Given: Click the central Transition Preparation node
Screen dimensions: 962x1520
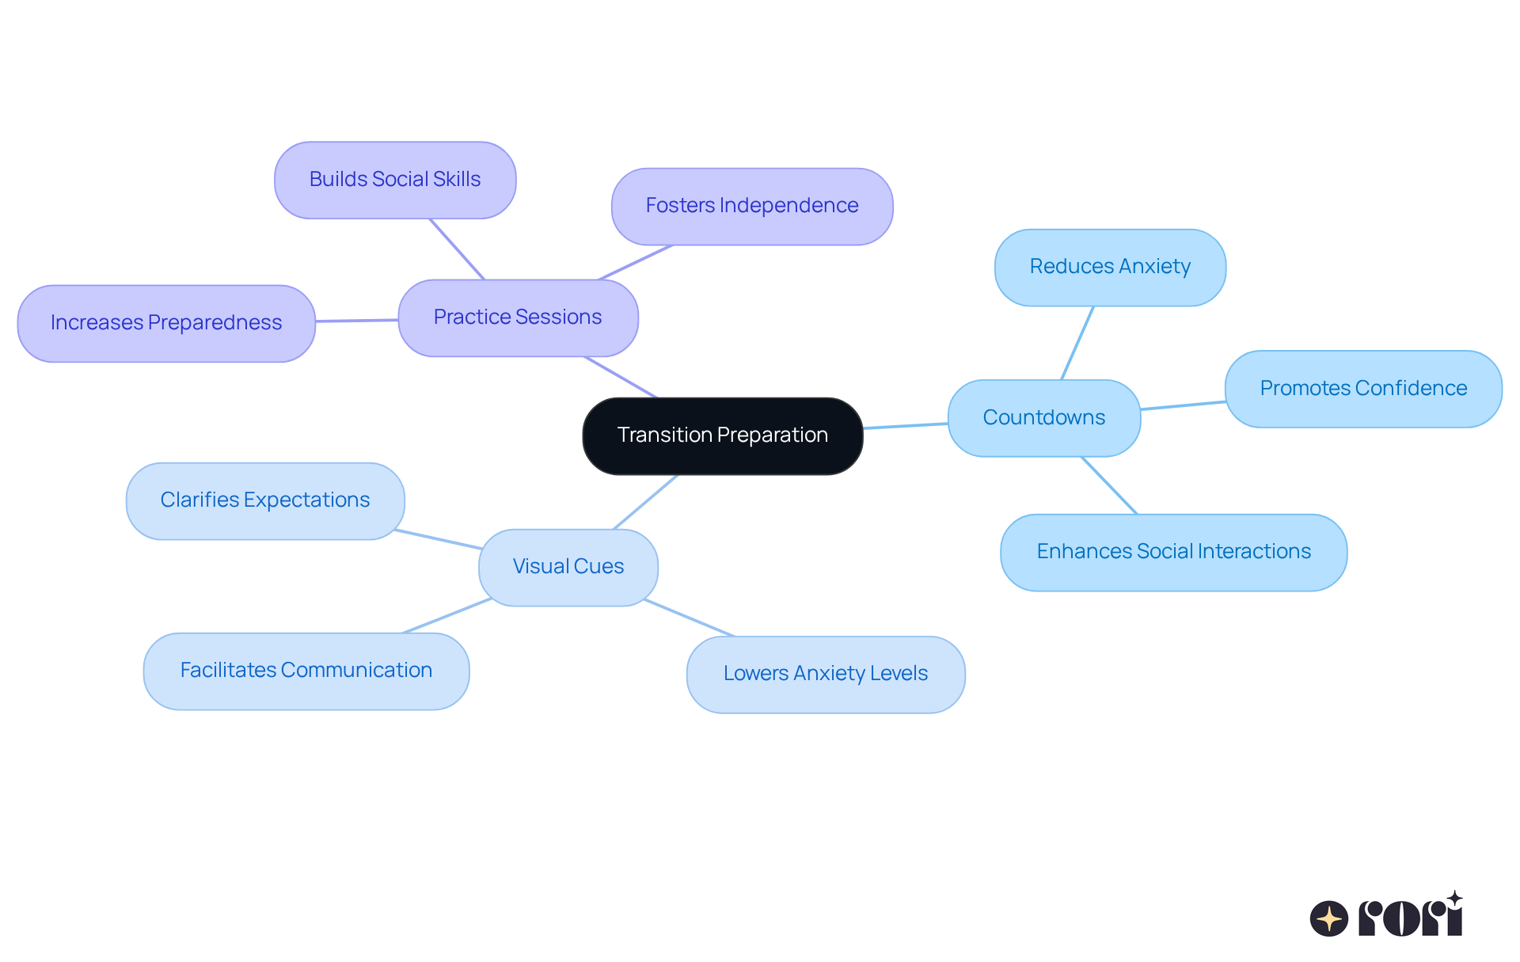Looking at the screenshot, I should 722,435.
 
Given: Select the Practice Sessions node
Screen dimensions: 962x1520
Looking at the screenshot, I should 518,317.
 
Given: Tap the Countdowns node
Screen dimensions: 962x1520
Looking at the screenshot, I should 1043,418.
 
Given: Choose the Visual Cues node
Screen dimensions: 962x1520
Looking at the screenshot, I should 568,567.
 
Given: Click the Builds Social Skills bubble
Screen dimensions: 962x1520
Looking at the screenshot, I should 394,180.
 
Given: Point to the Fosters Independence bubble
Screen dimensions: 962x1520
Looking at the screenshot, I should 751,206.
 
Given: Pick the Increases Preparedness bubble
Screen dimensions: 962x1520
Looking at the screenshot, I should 165,323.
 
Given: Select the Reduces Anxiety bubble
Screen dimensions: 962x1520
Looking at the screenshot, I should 1110,267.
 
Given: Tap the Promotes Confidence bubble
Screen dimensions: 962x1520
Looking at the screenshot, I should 1362,389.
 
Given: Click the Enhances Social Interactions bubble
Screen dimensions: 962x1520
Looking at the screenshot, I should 1173,552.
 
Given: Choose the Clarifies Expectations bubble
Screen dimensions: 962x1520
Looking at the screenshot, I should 264,500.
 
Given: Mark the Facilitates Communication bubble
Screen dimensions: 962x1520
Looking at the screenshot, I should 306,671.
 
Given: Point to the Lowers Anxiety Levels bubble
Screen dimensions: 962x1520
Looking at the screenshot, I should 825,674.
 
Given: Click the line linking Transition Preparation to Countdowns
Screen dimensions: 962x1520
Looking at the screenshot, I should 905,426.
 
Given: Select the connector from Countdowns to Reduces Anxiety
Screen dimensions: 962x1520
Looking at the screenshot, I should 1077,343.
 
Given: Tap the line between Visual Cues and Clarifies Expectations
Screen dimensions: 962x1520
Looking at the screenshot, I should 439,539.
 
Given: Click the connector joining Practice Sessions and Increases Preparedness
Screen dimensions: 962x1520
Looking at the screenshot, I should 356,321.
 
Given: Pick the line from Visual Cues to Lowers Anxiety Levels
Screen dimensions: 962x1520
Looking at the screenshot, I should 689,618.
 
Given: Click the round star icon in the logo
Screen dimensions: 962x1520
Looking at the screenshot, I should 1328,918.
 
